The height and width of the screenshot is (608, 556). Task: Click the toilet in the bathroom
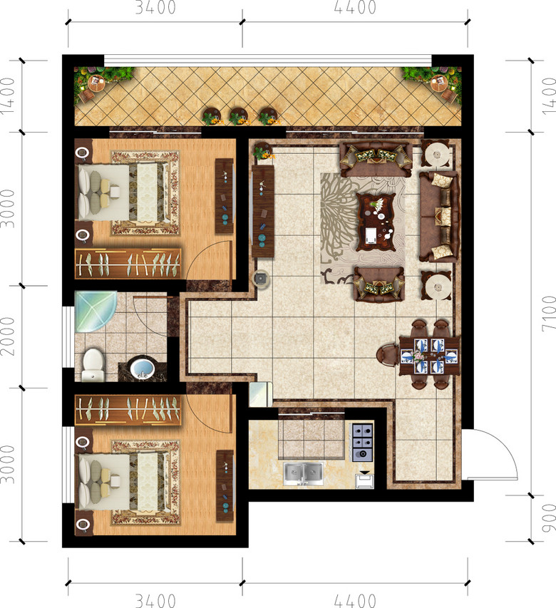[x=93, y=365]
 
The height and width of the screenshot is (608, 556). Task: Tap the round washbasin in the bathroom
[x=143, y=369]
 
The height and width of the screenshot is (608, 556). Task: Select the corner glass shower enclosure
[x=96, y=311]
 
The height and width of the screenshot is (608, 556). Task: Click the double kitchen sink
[x=303, y=473]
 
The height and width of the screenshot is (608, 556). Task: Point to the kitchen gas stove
[x=363, y=443]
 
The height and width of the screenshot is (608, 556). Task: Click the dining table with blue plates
[x=429, y=356]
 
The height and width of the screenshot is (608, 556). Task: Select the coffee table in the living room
[x=376, y=222]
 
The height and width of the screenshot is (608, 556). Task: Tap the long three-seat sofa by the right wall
[x=439, y=217]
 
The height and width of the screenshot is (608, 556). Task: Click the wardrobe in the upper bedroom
[x=128, y=264]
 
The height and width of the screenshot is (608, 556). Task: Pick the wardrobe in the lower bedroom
[x=128, y=410]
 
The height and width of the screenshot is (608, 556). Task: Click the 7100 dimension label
[x=548, y=314]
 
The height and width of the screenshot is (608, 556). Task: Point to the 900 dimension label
[x=548, y=518]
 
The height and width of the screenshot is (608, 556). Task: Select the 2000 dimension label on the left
[x=8, y=336]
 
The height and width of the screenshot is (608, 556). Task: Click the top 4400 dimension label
[x=355, y=8]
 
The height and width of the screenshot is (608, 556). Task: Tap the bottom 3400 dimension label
[x=155, y=601]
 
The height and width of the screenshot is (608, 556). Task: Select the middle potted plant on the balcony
[x=239, y=116]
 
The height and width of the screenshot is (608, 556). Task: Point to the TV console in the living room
[x=263, y=211]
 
